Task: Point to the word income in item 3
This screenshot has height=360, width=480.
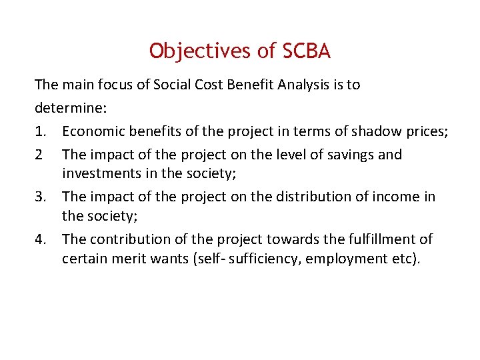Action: coord(398,197)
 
